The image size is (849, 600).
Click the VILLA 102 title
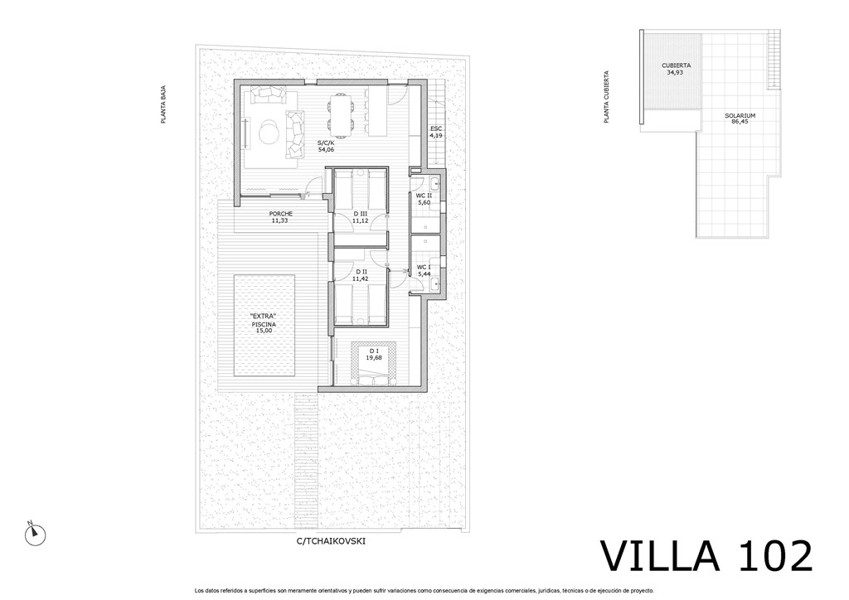(x=706, y=555)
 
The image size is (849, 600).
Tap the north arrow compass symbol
(x=35, y=535)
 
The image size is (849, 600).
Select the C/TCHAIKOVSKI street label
(x=331, y=540)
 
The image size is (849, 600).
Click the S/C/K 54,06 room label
(x=326, y=147)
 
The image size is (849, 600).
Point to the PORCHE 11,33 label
(x=280, y=217)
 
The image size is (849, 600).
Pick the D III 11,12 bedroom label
(x=360, y=217)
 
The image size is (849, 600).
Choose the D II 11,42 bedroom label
(x=360, y=275)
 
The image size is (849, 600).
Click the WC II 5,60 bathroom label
(x=424, y=199)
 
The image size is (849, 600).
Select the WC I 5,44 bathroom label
(x=423, y=270)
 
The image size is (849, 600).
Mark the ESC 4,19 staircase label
(x=436, y=132)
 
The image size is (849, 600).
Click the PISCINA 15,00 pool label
(x=264, y=323)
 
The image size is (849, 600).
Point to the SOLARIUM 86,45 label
(x=740, y=119)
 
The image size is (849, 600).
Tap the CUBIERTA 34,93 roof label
(x=676, y=69)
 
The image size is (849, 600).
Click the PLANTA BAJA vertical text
(x=163, y=105)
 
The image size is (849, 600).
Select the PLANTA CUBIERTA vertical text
(x=606, y=97)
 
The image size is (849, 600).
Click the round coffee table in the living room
(x=269, y=132)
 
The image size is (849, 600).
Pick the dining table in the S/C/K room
(x=341, y=114)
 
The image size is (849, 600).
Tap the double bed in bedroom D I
(x=374, y=364)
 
